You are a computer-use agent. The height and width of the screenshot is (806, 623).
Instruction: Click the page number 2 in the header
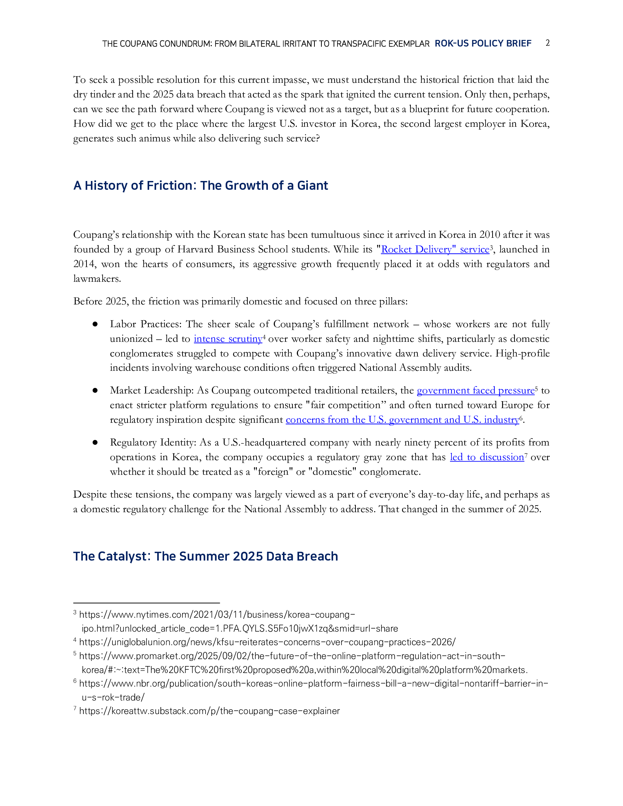[x=548, y=43]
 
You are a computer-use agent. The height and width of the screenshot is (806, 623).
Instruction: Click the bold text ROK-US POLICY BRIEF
[x=483, y=44]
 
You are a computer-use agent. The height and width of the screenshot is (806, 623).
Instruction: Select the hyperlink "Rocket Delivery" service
[x=435, y=249]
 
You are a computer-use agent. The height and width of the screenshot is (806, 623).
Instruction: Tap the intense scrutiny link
[x=228, y=339]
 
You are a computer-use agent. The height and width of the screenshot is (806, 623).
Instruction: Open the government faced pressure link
[x=475, y=391]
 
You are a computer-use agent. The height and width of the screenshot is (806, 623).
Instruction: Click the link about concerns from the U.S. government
[x=402, y=419]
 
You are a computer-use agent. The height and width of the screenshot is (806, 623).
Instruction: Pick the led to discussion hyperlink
[x=487, y=457]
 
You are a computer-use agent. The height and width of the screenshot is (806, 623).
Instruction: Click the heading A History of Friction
[x=200, y=185]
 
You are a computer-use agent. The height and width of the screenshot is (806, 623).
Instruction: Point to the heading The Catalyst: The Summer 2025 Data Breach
[x=205, y=556]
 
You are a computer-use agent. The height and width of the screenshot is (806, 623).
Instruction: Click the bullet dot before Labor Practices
[x=95, y=324]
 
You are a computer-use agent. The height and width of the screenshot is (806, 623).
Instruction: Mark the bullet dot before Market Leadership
[x=95, y=391]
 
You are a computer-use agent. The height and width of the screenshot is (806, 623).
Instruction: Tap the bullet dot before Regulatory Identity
[x=95, y=443]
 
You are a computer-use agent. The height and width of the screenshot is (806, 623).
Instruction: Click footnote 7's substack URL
[x=209, y=711]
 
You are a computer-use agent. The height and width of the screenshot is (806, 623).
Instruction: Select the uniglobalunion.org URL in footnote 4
[x=267, y=642]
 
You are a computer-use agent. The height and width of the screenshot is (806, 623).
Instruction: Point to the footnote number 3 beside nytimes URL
[x=75, y=613]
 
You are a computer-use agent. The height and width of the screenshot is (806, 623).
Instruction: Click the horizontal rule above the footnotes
[x=146, y=603]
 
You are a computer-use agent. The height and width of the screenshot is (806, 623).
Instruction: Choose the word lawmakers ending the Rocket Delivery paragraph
[x=97, y=279]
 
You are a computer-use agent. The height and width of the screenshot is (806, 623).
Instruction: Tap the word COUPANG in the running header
[x=139, y=44]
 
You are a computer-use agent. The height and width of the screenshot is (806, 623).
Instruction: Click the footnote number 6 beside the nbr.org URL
[x=75, y=682]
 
